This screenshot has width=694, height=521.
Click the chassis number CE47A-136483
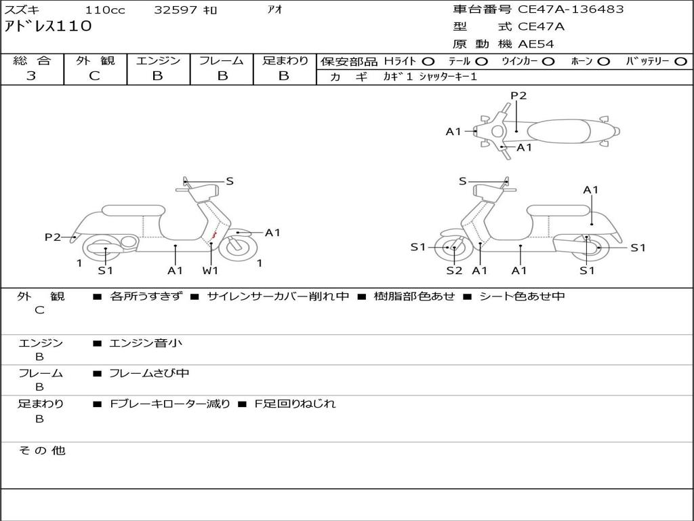click(x=571, y=9)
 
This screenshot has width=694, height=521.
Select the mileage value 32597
click(x=176, y=10)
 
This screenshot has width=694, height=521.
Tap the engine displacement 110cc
click(x=106, y=10)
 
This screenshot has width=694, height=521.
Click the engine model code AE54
click(x=536, y=44)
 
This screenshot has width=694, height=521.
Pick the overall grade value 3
click(x=31, y=76)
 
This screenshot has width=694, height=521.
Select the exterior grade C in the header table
click(x=95, y=76)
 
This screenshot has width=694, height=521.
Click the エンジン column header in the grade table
click(x=158, y=61)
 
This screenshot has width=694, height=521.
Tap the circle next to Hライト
click(x=428, y=62)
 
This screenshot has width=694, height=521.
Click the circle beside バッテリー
click(x=680, y=62)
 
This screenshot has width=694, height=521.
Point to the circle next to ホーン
click(x=603, y=62)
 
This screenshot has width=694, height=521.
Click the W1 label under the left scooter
click(x=211, y=271)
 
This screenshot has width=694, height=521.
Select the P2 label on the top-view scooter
click(x=518, y=96)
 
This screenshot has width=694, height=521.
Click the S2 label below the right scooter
click(x=453, y=271)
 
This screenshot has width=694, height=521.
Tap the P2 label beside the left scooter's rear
click(x=52, y=237)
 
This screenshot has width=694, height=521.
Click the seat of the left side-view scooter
click(x=132, y=211)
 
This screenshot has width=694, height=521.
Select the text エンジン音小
click(x=146, y=343)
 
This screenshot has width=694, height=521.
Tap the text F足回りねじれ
click(x=295, y=404)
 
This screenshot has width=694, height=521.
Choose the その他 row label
click(x=42, y=450)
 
